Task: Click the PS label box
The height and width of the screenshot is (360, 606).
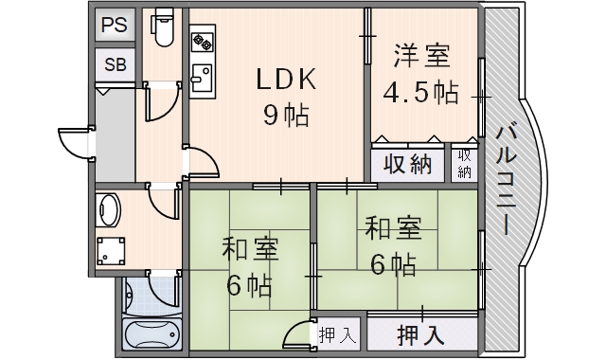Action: [115, 26]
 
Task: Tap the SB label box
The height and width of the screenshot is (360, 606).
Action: [116, 64]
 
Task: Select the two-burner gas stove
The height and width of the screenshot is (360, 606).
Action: [203, 42]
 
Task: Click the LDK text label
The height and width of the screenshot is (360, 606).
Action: [286, 80]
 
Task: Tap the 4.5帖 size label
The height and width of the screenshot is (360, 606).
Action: [420, 93]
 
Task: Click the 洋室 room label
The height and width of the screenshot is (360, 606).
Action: [421, 57]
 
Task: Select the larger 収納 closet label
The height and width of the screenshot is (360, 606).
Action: [407, 165]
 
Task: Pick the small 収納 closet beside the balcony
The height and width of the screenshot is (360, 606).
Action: [465, 164]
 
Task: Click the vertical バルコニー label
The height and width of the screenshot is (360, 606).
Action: [507, 180]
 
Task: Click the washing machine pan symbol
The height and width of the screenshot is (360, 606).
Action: [111, 250]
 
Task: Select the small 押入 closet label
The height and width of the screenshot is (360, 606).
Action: [337, 335]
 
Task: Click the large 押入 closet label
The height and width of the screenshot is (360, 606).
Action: [420, 334]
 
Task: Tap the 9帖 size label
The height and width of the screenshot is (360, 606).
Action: [286, 116]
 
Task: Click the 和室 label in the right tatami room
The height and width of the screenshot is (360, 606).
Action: [394, 228]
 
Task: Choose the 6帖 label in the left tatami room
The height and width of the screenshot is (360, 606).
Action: [249, 285]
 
